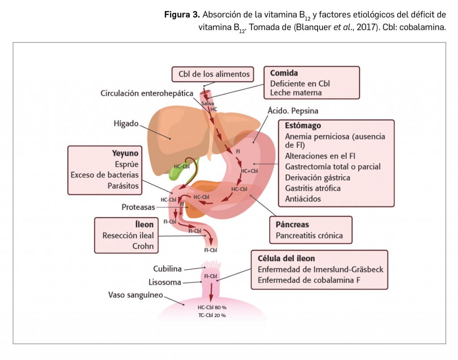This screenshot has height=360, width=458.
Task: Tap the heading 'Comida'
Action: [x=284, y=73]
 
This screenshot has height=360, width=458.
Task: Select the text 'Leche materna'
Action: [x=296, y=93]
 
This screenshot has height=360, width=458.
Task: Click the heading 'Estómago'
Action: [x=302, y=126]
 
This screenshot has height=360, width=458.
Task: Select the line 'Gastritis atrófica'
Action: [x=313, y=188]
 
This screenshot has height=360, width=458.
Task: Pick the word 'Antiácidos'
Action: [x=303, y=199]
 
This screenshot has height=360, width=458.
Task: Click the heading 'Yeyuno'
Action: [x=125, y=153]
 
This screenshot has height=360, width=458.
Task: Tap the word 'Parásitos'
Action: [x=123, y=185]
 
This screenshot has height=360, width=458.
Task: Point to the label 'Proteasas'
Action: [x=138, y=207]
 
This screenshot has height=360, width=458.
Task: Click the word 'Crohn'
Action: [x=143, y=246]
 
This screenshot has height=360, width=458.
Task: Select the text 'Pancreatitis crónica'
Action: [x=309, y=235]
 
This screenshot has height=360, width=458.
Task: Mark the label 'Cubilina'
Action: [x=167, y=269]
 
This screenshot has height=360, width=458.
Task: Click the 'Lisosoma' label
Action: [x=165, y=282]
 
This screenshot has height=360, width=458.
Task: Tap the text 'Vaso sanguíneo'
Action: [x=136, y=295]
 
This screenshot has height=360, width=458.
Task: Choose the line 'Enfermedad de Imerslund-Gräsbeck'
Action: [x=320, y=270]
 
